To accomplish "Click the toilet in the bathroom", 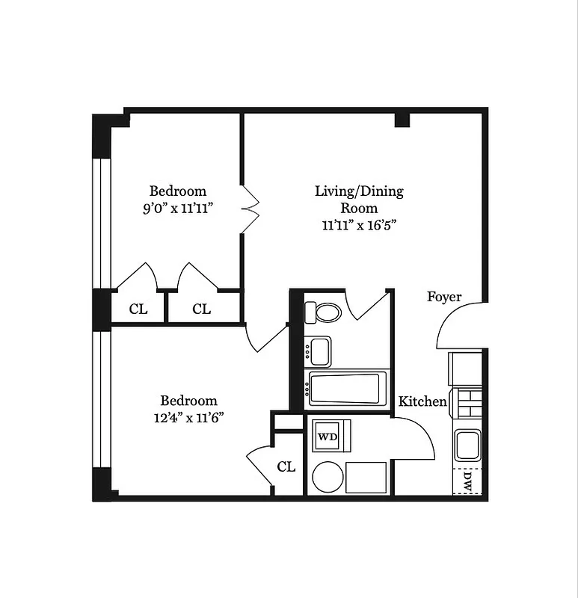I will tap(327, 312).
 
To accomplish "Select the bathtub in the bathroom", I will tap(347, 389).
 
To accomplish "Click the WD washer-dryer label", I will tap(327, 436).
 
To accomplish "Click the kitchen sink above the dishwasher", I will tap(468, 446).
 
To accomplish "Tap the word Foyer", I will tap(444, 297).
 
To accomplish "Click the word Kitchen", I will tap(422, 401).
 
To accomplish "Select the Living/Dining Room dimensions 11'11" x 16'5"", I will tap(358, 225).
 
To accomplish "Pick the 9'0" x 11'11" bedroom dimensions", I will tap(178, 209).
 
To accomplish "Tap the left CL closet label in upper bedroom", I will tap(138, 309).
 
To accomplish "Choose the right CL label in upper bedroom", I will tap(201, 309).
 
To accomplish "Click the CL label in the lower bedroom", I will tap(286, 466).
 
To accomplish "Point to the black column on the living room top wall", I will tap(402, 119).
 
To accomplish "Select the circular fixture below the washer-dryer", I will tap(327, 477).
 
